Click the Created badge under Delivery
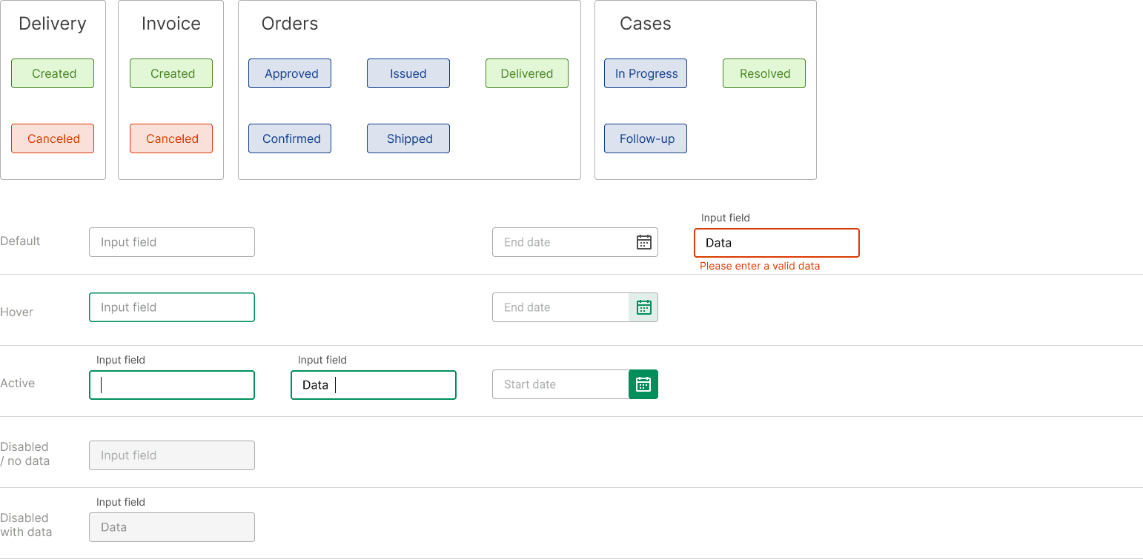(53, 73)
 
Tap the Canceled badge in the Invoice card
(171, 138)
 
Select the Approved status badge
(290, 73)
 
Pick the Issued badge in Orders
(408, 73)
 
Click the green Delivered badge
(526, 73)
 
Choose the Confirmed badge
(290, 138)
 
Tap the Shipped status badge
(408, 138)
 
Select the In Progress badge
(646, 73)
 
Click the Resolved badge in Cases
(764, 73)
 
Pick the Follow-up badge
(646, 138)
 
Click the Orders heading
(289, 24)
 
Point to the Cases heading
(646, 24)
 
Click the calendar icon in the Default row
(644, 242)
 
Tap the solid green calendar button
(643, 384)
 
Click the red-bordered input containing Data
(777, 243)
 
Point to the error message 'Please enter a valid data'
(760, 266)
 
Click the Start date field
(561, 384)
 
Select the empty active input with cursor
(172, 385)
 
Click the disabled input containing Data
(172, 527)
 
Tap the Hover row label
(17, 312)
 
